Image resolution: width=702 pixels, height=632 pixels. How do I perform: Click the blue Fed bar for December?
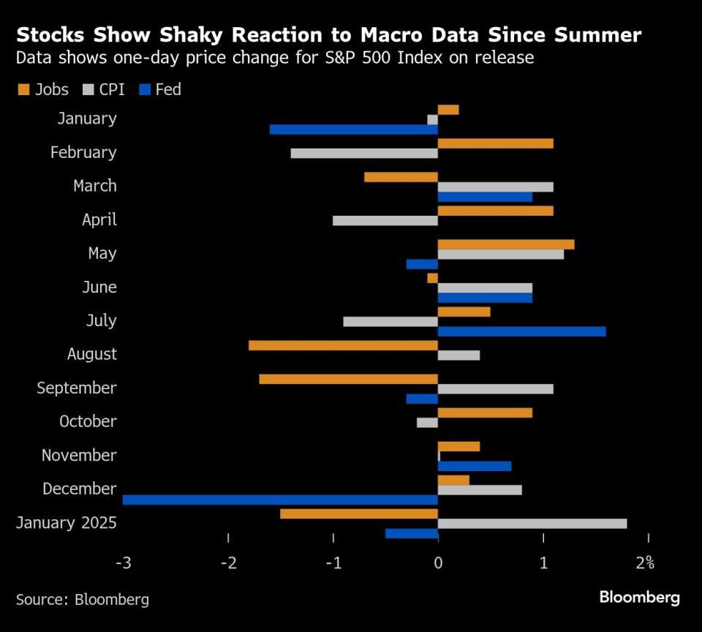click(x=280, y=500)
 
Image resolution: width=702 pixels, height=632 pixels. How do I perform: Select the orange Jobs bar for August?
click(x=343, y=345)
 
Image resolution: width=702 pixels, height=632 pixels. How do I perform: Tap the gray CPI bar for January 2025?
click(x=532, y=523)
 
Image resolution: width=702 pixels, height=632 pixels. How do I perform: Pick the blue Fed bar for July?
click(x=521, y=331)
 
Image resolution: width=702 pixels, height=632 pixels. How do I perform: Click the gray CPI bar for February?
click(x=364, y=154)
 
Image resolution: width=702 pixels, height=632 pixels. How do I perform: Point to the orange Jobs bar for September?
click(x=348, y=379)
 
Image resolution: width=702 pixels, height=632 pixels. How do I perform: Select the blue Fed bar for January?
click(x=353, y=129)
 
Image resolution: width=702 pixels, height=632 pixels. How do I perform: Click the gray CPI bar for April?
click(x=385, y=221)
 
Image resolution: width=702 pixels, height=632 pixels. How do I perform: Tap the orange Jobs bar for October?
click(x=485, y=413)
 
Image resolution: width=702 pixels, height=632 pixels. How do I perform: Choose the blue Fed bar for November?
click(x=474, y=466)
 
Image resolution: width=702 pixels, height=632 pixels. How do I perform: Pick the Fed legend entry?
click(x=159, y=90)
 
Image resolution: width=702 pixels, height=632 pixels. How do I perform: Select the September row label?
click(x=76, y=388)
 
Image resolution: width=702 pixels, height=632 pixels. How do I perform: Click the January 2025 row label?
click(x=66, y=522)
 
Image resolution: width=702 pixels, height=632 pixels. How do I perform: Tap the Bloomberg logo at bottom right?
click(x=639, y=598)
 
